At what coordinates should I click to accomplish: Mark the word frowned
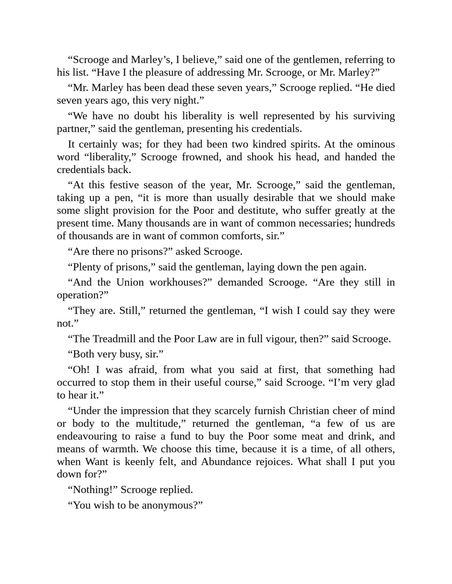[x=201, y=157]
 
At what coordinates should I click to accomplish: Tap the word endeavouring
[x=87, y=436]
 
